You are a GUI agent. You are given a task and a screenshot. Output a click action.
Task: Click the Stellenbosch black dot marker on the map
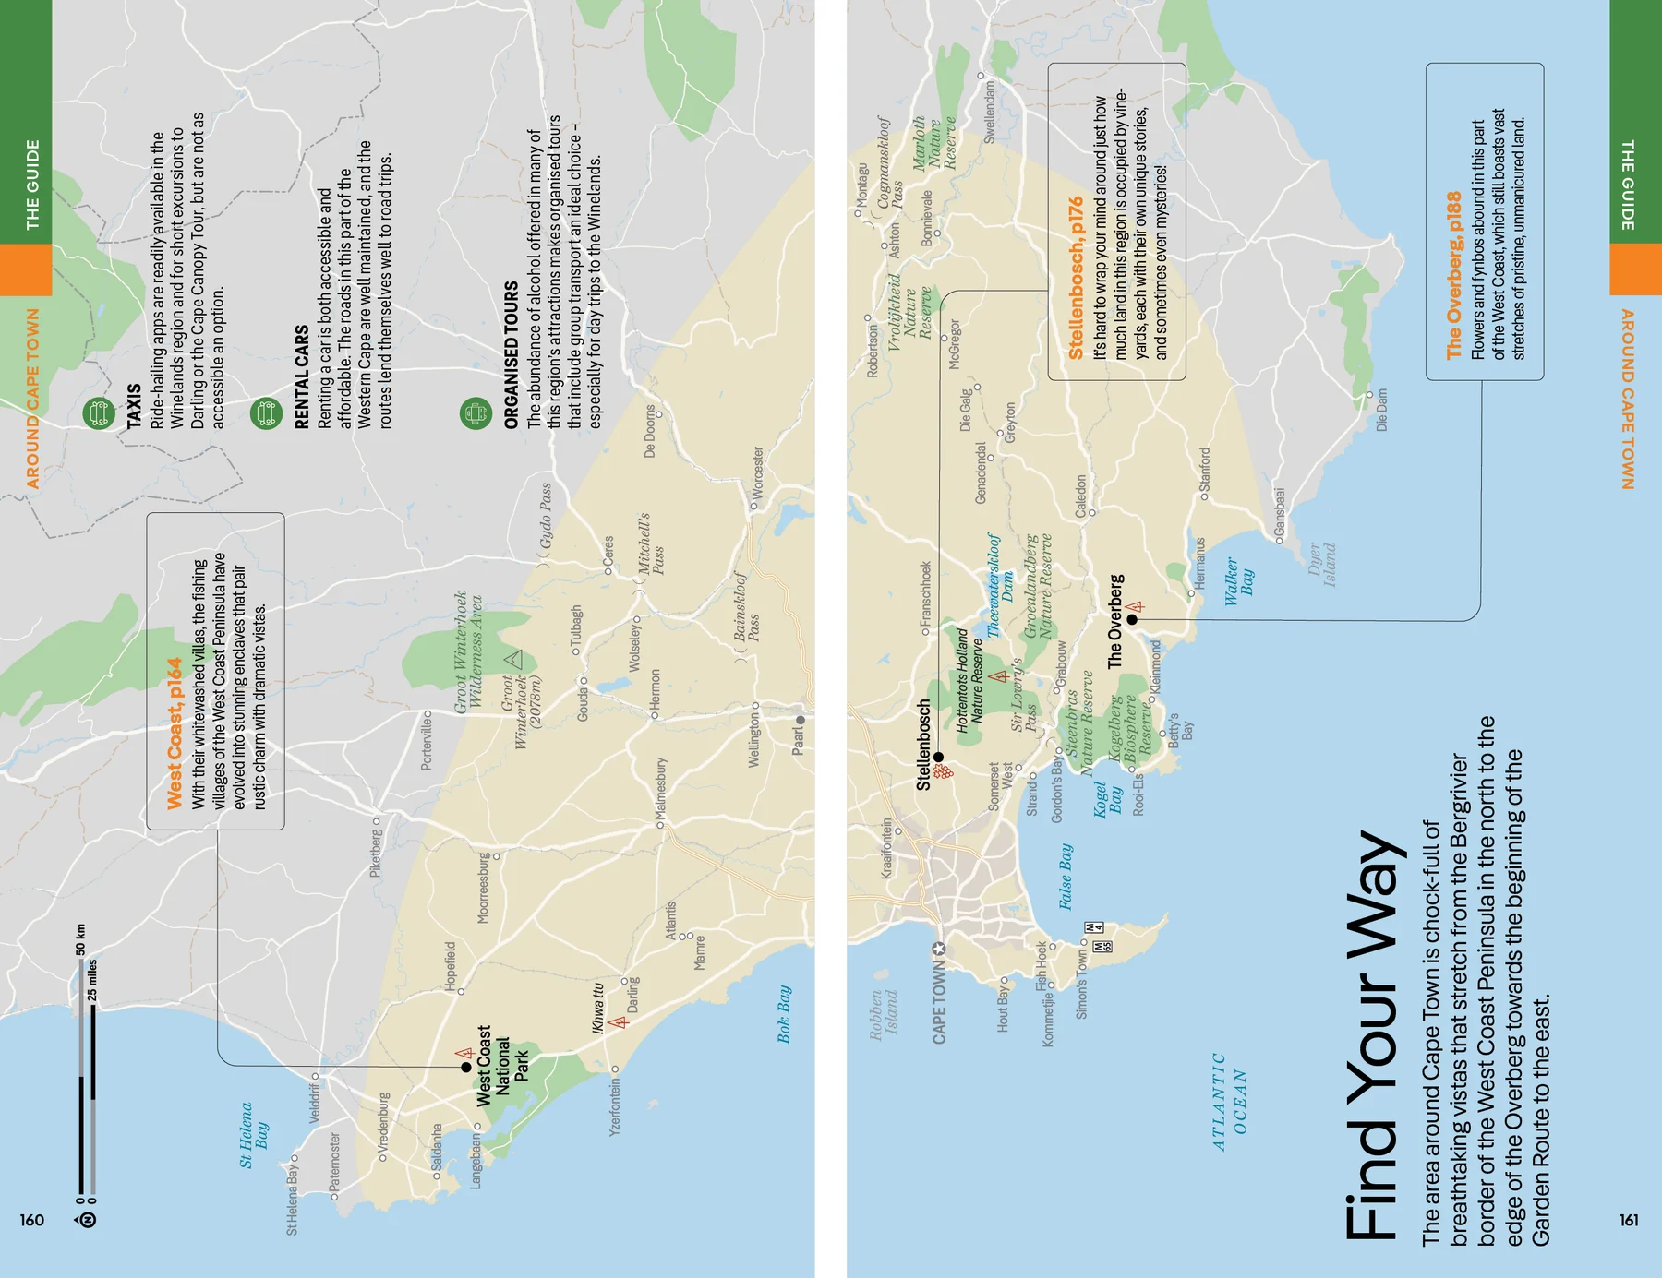938,758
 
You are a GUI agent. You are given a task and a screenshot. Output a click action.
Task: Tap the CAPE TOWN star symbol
939,949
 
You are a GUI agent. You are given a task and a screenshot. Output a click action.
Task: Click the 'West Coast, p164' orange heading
175,734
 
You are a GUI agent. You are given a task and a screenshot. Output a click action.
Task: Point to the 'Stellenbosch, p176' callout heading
1075,278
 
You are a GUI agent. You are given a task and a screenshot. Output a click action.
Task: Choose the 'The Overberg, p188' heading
1454,275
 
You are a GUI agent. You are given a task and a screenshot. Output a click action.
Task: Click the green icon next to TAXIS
99,412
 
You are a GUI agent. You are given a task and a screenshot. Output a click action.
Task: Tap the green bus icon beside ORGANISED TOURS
476,413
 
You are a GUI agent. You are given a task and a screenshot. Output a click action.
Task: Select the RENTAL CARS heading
301,376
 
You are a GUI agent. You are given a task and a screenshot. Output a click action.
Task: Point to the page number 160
32,1220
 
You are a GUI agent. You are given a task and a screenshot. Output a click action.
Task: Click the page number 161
1629,1220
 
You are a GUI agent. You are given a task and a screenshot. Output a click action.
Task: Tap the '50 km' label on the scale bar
80,939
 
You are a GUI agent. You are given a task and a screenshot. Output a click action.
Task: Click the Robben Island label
884,1015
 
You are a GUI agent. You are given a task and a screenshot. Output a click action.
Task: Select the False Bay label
1066,876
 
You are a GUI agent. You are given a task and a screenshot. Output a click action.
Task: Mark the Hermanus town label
1199,563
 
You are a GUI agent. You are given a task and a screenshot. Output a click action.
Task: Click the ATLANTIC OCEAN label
1230,1102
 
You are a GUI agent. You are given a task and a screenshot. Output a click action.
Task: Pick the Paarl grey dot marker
801,720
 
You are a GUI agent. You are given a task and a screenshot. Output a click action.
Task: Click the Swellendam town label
990,111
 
